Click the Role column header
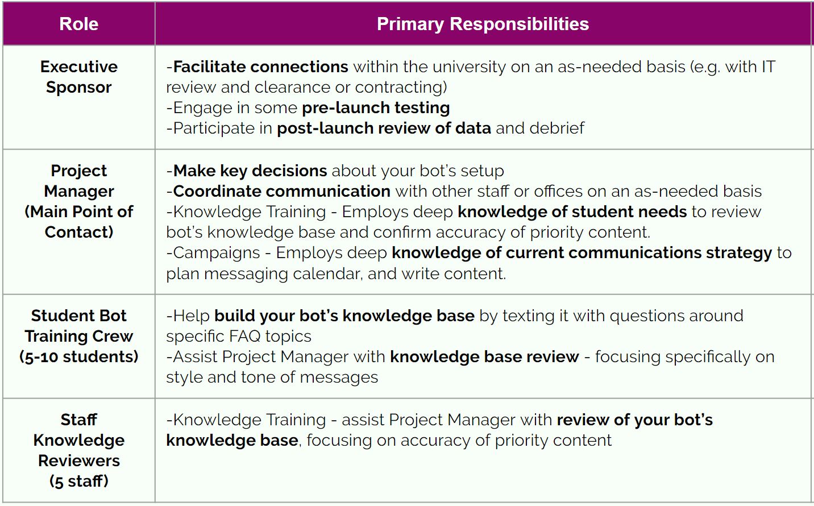(79, 24)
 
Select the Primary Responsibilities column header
(483, 24)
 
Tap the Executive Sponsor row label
(79, 77)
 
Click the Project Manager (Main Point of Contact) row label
(79, 201)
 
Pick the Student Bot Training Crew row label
(79, 336)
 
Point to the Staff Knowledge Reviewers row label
(79, 450)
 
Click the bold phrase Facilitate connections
(260, 67)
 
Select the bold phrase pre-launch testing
(376, 107)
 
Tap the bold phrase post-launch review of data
(384, 128)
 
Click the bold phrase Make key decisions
(250, 171)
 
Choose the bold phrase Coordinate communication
(281, 191)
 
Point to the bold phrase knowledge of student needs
(572, 211)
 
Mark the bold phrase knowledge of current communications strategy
(582, 252)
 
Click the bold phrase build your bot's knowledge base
(344, 316)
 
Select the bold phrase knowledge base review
(484, 356)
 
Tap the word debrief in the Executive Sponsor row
(556, 128)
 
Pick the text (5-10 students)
(79, 356)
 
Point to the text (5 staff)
(79, 481)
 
